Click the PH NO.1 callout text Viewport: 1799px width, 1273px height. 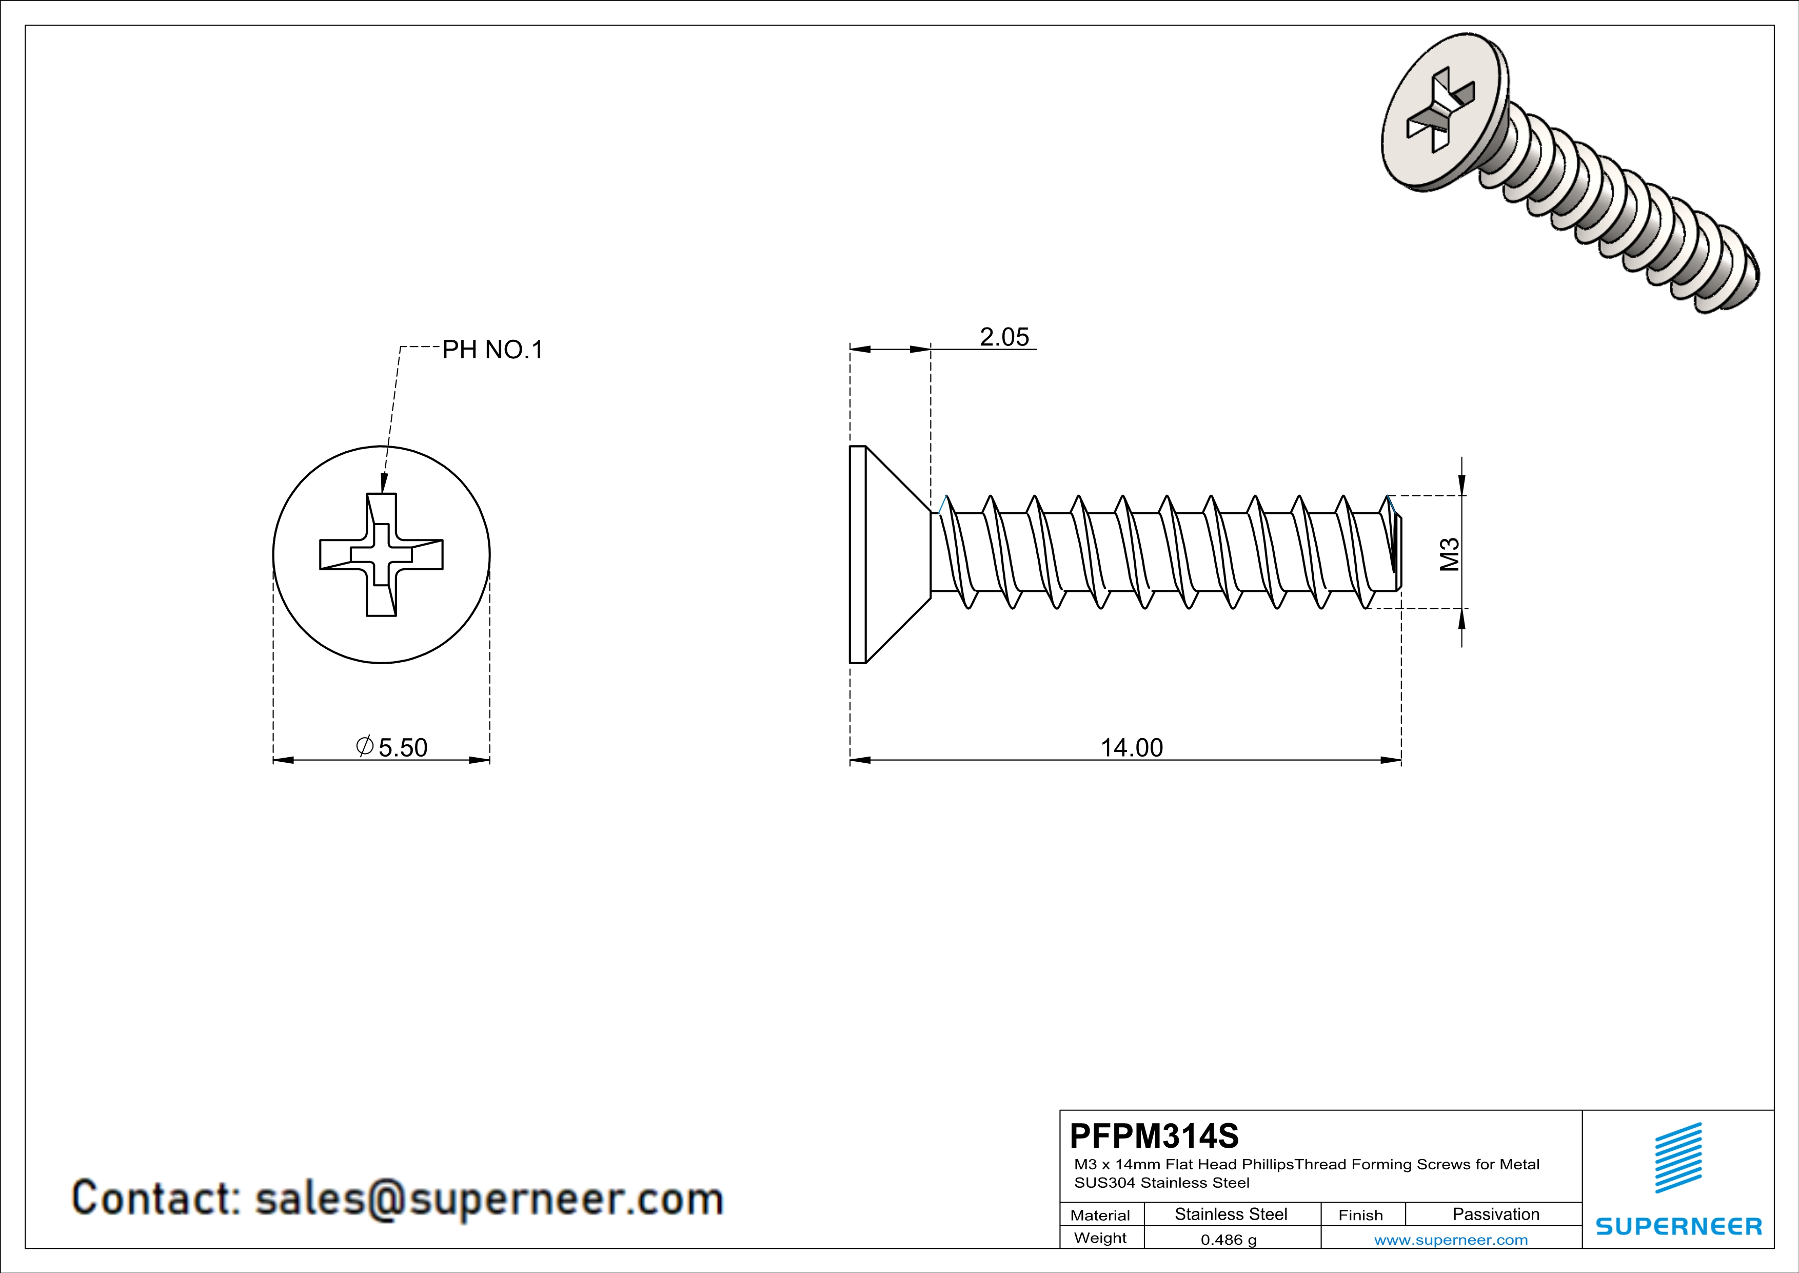click(492, 350)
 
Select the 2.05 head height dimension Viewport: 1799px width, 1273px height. click(1004, 337)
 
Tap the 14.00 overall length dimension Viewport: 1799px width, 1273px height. click(1132, 748)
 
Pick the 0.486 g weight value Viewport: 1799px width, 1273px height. click(1229, 1239)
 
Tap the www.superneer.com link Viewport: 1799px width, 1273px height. click(1450, 1239)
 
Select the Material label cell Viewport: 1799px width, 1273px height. click(1100, 1215)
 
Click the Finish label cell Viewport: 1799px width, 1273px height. click(1360, 1215)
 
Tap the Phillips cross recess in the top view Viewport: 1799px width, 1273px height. click(382, 555)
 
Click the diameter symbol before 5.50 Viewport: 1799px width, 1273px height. click(364, 746)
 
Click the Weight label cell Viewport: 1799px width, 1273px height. click(1100, 1238)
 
